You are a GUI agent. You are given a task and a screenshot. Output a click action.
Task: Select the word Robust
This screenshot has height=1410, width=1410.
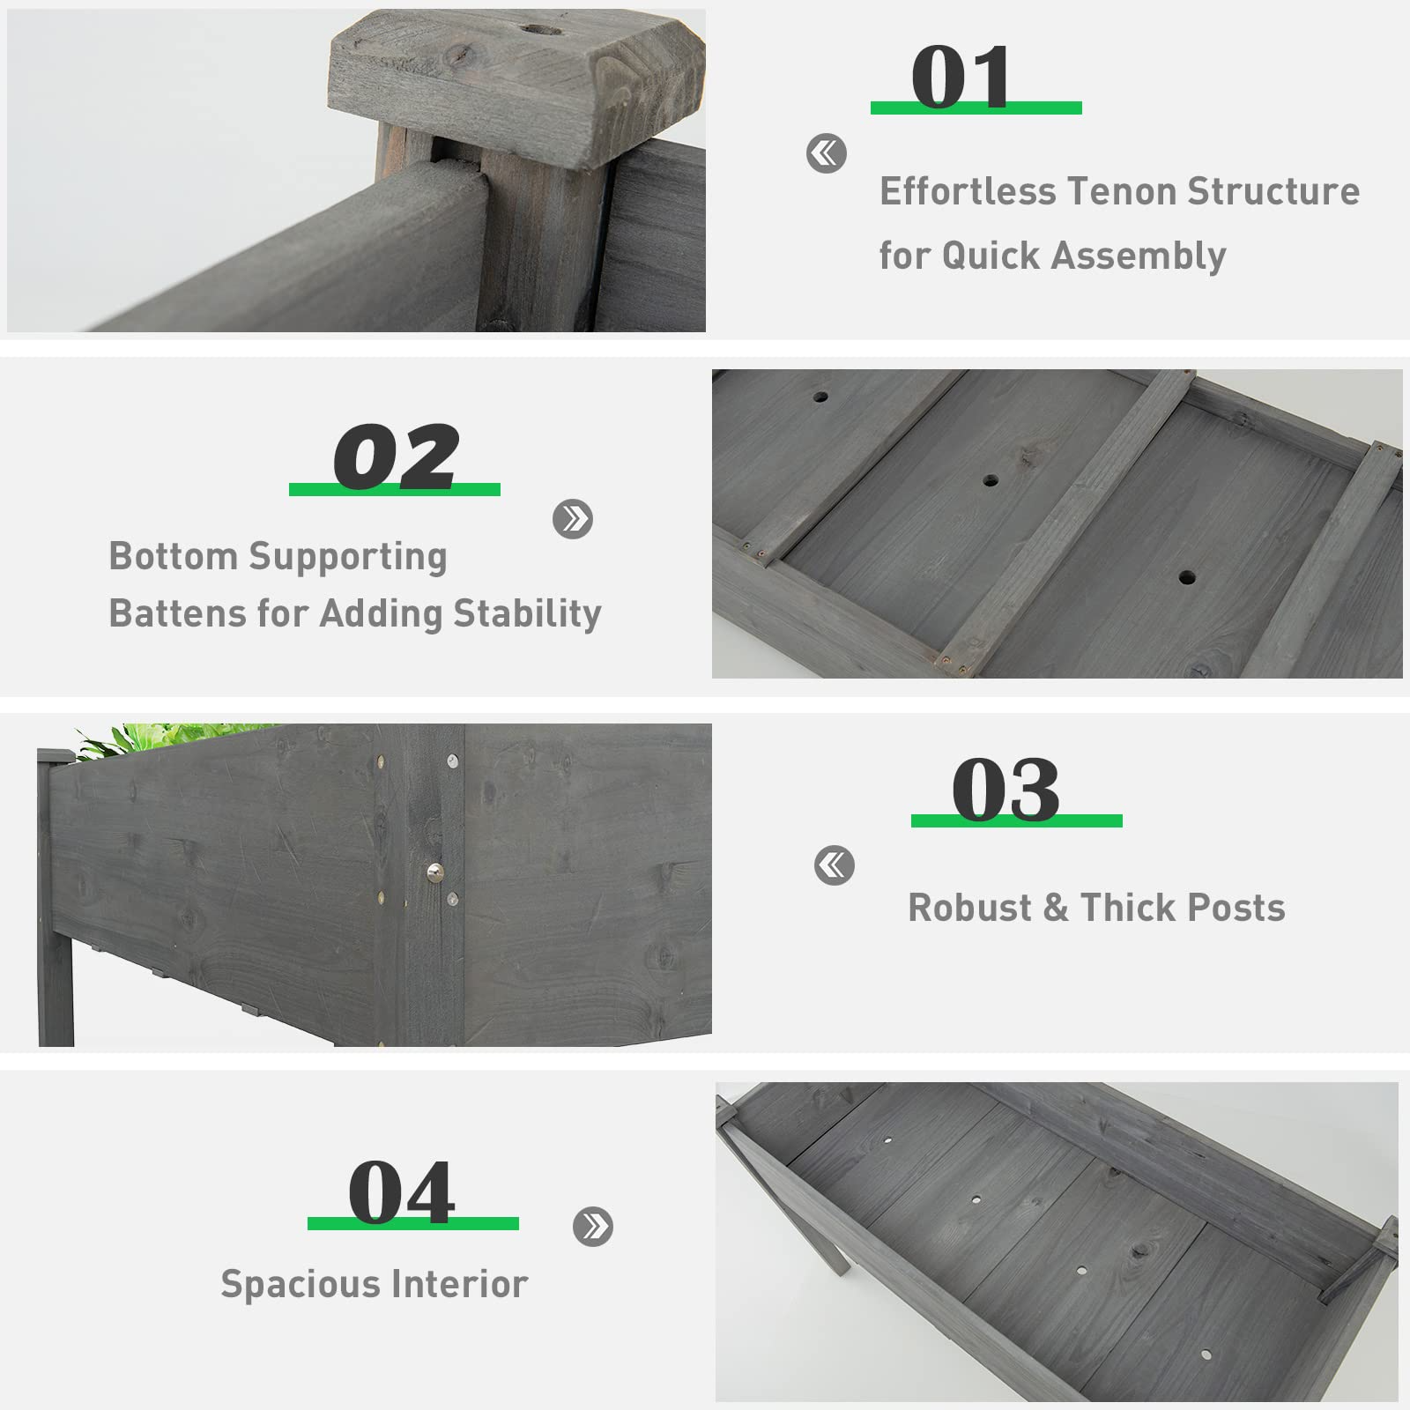(969, 908)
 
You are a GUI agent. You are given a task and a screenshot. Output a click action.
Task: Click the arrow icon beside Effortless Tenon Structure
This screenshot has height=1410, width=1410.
(826, 153)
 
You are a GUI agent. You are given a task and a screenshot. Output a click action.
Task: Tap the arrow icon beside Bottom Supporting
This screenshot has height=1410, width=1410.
(573, 519)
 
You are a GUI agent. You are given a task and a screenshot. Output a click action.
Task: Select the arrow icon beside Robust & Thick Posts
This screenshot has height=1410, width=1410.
(834, 865)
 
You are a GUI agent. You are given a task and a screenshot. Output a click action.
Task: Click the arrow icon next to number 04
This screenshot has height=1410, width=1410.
(593, 1226)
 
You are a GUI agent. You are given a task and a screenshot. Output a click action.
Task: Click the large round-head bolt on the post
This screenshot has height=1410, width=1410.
(434, 872)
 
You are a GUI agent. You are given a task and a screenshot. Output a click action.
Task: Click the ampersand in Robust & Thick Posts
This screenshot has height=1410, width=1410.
(1056, 908)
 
